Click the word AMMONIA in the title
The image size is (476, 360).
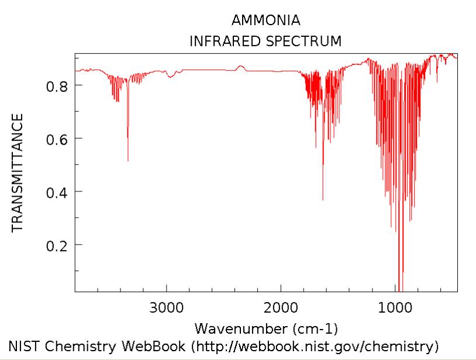[266, 21]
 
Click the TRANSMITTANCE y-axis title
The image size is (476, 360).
[18, 173]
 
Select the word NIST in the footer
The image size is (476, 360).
[22, 345]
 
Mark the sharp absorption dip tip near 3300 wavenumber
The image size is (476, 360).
[127, 160]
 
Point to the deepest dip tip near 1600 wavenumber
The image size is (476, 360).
[323, 200]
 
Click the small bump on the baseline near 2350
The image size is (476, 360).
[240, 67]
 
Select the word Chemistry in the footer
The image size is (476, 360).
[85, 345]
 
